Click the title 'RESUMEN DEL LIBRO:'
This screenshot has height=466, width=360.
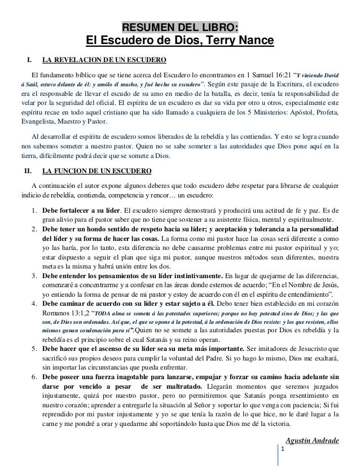pyautogui.click(x=180, y=28)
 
